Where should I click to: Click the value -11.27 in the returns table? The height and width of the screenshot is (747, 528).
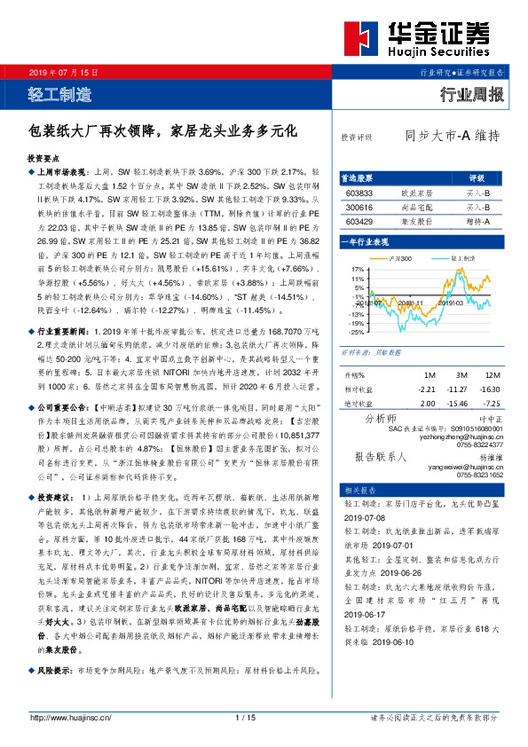pyautogui.click(x=456, y=389)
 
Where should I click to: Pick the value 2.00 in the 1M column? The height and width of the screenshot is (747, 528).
pyautogui.click(x=428, y=403)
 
